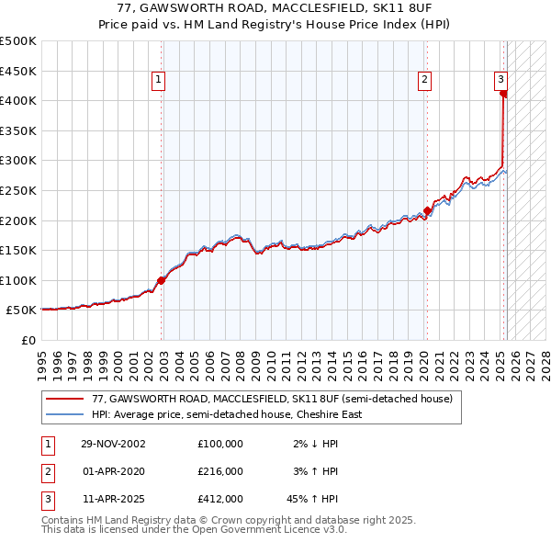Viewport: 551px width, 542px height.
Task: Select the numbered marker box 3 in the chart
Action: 501,80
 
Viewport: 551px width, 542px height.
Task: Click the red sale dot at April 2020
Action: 427,211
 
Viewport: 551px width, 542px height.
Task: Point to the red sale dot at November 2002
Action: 161,280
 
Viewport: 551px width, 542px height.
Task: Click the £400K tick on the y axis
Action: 18,100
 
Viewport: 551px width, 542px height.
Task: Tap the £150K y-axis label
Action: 18,250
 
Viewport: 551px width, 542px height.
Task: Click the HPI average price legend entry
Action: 226,414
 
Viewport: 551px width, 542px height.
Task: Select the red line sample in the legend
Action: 64,400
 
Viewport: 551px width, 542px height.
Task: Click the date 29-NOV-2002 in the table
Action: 113,444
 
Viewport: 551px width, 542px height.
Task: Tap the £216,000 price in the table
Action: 220,471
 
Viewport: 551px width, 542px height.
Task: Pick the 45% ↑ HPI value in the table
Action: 312,499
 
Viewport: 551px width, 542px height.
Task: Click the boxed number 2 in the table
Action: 46,471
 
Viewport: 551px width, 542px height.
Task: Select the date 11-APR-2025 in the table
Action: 113,499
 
